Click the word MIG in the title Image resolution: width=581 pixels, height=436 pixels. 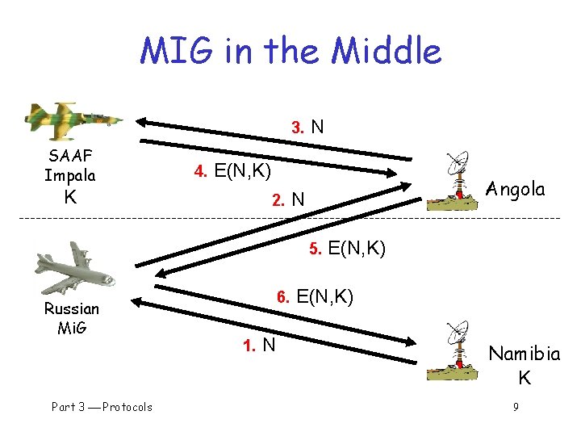coord(175,51)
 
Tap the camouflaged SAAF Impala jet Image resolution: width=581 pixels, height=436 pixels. coord(73,118)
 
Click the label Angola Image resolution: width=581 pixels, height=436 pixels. coord(516,190)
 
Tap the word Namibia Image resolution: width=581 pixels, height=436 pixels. coord(525,354)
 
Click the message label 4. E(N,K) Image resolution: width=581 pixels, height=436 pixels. coord(232,171)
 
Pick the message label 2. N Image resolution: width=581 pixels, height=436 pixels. coord(288,199)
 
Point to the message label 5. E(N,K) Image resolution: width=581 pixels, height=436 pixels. coord(347,247)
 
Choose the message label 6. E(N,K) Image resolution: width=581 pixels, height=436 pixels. coord(315,296)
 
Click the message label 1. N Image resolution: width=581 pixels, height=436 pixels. coord(259,346)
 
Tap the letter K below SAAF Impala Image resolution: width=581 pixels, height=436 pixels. coord(70,196)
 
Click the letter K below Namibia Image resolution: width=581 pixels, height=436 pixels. coord(525,377)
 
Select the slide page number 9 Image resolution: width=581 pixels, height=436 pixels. coord(516,407)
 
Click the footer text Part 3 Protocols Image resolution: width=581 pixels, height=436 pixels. coord(102,407)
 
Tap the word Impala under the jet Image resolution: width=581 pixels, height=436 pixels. coord(70,175)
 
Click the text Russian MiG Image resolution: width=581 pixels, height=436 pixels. coord(72,318)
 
